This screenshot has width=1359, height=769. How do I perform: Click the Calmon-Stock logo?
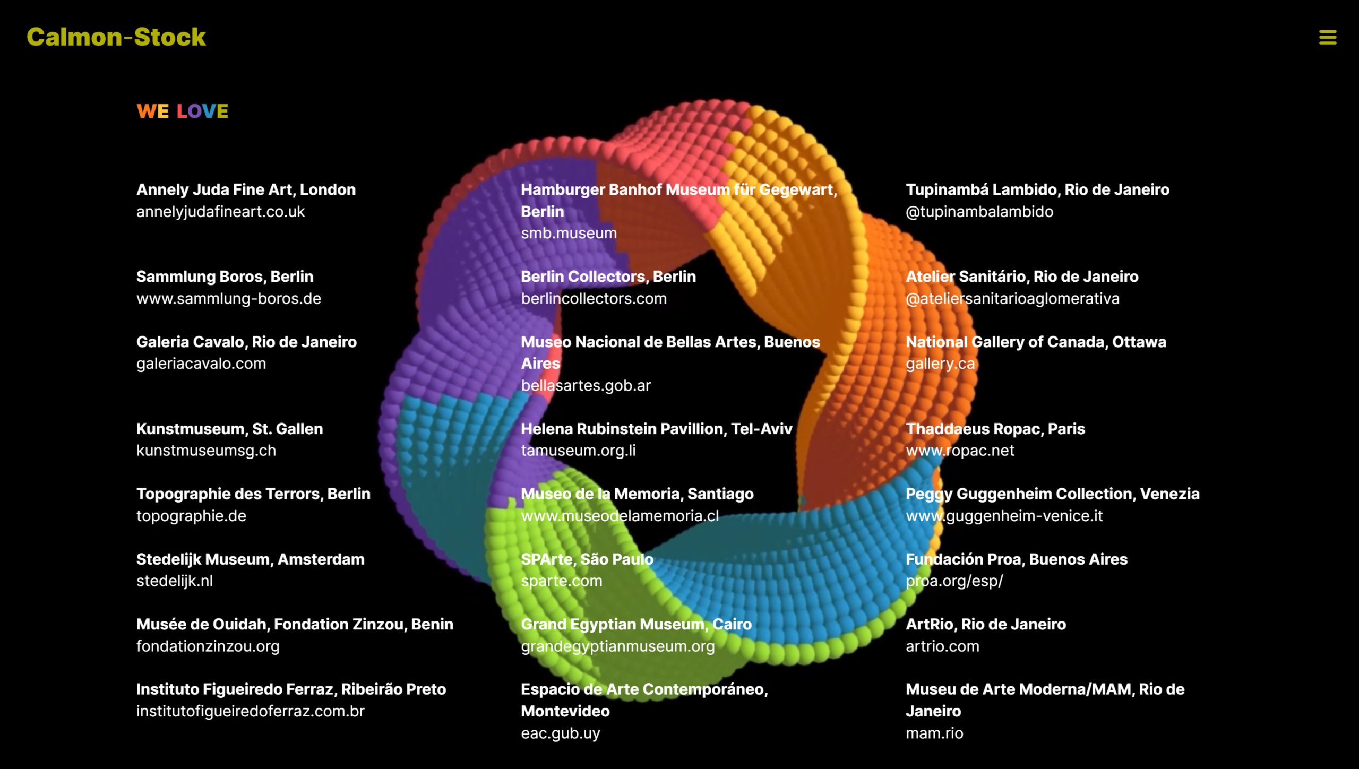116,37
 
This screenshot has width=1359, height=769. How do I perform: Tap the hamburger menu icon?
1328,38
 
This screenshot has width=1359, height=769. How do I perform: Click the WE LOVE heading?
182,111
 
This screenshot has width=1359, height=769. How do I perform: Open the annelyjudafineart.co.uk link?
220,212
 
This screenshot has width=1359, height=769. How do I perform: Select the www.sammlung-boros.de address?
229,299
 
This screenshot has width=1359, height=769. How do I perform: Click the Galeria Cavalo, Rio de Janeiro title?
246,342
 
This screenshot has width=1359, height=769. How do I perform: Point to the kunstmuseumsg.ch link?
206,451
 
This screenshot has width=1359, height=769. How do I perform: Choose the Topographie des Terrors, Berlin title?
253,494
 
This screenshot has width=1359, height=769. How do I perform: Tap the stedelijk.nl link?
175,581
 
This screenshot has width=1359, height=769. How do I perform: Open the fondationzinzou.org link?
208,646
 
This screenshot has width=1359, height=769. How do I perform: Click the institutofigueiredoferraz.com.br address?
251,711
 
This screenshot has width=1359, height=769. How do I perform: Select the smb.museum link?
569,233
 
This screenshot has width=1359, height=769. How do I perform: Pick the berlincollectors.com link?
594,299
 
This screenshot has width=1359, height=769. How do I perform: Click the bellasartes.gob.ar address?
586,386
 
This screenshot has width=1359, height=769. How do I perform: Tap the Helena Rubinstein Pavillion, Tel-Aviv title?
656,429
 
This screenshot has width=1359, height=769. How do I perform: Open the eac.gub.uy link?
560,733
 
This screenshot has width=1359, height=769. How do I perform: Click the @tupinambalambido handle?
979,212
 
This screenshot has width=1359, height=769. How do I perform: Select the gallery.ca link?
940,364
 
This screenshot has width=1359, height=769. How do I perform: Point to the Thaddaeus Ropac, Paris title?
995,429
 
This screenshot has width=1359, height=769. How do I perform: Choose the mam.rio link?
934,733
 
